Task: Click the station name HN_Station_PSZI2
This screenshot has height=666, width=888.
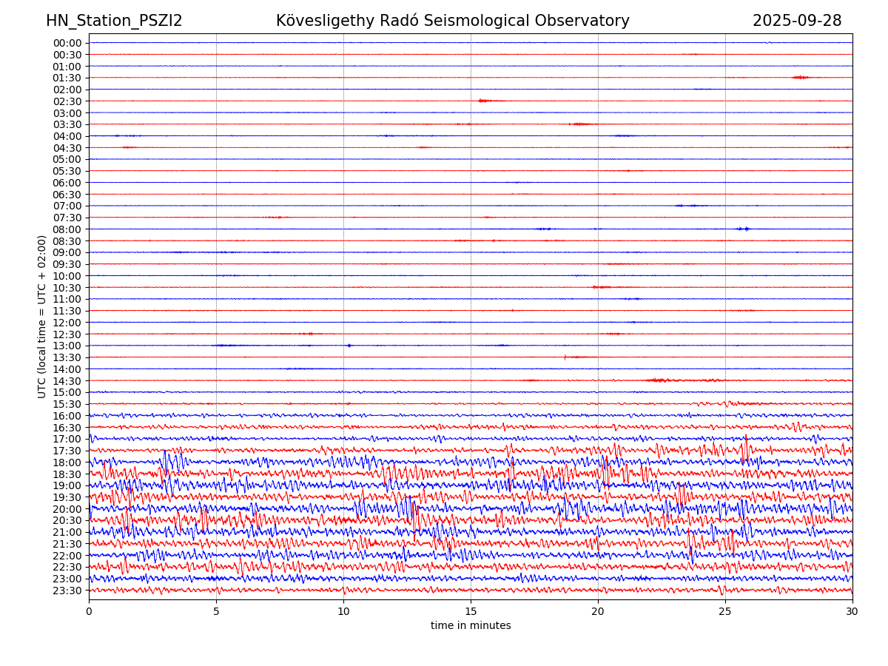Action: click(114, 21)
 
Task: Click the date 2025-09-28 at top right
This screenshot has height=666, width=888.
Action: click(797, 21)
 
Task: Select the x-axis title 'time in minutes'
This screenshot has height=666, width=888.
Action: click(471, 626)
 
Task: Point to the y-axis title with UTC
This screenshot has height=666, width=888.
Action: click(42, 317)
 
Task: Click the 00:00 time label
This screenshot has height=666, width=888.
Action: click(67, 43)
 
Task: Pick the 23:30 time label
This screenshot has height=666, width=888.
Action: click(67, 591)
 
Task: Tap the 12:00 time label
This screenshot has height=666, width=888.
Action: click(67, 323)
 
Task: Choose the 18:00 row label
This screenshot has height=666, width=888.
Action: click(67, 462)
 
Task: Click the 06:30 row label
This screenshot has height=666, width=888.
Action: click(67, 195)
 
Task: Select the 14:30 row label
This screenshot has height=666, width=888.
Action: click(67, 381)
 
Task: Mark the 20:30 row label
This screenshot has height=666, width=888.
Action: click(67, 521)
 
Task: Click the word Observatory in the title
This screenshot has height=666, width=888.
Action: click(593, 21)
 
